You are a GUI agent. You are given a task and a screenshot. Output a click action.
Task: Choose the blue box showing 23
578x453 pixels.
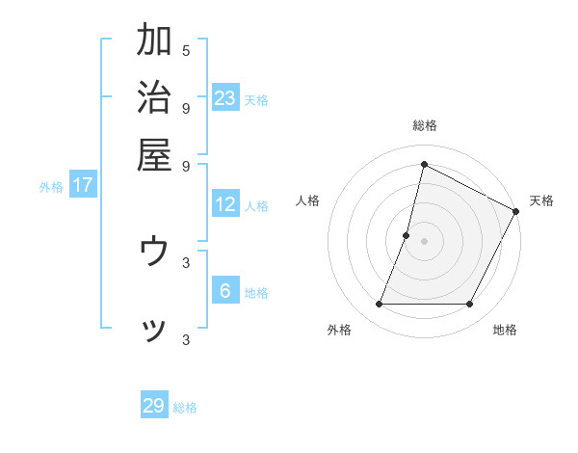pos(225,97)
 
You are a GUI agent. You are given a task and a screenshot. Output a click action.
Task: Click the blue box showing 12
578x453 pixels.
pos(225,204)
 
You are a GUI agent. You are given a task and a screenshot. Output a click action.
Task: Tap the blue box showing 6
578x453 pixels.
pos(225,292)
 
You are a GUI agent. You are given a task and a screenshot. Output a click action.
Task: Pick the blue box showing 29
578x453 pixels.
pos(154,406)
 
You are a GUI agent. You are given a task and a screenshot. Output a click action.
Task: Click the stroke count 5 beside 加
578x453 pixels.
pos(186,50)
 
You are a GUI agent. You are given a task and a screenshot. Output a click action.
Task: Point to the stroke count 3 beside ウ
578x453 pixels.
pos(186,261)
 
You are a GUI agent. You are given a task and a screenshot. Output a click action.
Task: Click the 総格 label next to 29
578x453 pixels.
pos(186,408)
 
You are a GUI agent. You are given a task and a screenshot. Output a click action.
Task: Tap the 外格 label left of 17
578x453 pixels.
pos(51,187)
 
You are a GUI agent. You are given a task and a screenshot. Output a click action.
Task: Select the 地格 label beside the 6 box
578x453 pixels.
pos(257,293)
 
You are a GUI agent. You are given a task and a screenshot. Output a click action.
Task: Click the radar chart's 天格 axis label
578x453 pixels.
pos(541,200)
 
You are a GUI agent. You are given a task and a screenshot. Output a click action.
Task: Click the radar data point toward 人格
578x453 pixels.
pos(407,235)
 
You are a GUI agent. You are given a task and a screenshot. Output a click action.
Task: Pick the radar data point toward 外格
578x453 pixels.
pos(379,305)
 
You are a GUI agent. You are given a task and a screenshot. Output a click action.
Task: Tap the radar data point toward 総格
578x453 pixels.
pos(424,164)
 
